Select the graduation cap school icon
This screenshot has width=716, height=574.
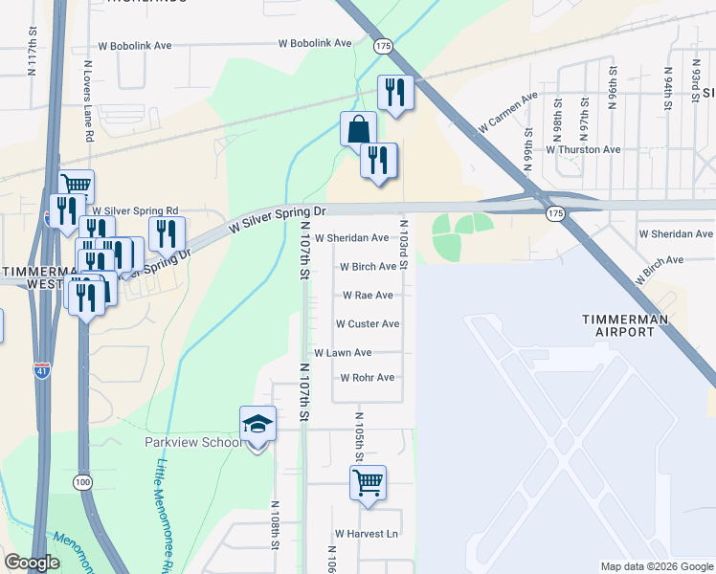click(x=257, y=424)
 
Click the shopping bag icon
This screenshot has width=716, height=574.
click(x=358, y=129)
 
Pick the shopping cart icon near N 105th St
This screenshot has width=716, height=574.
click(x=368, y=483)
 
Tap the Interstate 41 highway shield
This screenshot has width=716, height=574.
click(x=42, y=370)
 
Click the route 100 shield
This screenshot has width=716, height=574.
click(x=83, y=483)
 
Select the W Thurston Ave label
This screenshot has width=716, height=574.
click(x=583, y=149)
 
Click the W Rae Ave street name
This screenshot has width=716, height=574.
click(x=368, y=296)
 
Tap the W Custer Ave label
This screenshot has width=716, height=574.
click(x=368, y=324)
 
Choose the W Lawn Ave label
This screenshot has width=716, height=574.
click(x=343, y=353)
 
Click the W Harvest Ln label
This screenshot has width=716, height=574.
click(x=366, y=534)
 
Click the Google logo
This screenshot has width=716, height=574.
click(x=33, y=563)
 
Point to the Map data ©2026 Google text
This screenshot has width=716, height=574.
click(x=656, y=566)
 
